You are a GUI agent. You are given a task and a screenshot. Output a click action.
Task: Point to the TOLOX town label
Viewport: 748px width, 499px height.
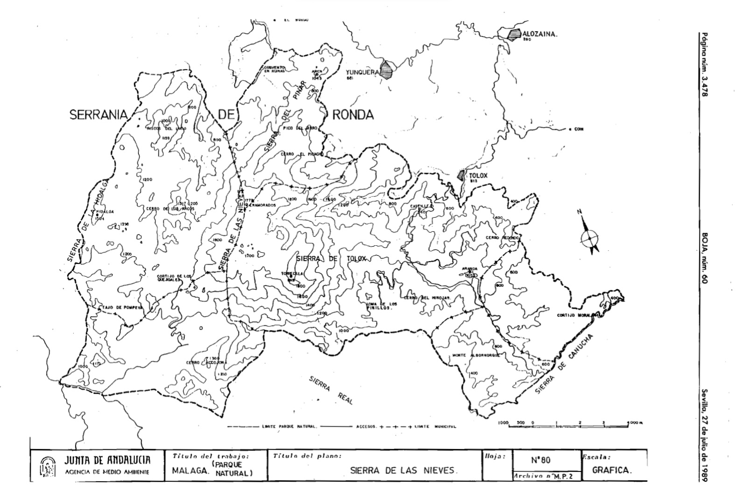(x=478, y=176)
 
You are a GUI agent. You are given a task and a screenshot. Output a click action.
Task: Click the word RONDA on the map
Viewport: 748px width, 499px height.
(x=353, y=115)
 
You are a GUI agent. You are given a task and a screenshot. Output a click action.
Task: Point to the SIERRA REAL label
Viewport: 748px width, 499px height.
(x=331, y=390)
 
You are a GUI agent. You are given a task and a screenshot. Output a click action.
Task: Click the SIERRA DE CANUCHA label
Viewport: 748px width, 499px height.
(x=564, y=364)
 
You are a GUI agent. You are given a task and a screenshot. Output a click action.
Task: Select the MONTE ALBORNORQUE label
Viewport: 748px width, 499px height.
(x=476, y=355)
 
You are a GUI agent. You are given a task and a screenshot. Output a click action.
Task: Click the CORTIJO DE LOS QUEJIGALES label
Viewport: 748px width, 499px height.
(x=174, y=278)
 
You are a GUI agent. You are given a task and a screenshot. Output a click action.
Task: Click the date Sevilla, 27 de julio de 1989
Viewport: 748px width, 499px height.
(x=705, y=436)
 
